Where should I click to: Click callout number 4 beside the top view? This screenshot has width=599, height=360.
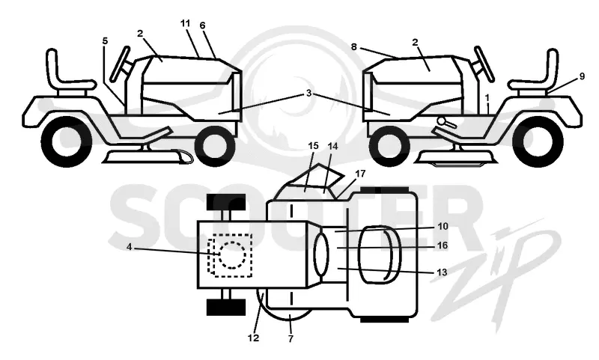pos(129,248)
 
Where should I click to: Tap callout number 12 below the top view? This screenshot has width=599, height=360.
pos(253,338)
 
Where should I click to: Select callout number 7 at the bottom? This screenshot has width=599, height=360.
pos(291,338)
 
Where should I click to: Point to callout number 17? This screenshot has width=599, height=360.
pos(360,174)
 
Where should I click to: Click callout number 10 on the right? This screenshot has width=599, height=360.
pos(443,226)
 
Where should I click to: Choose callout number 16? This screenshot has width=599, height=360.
pos(442,245)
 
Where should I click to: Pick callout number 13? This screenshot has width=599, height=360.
pos(442,272)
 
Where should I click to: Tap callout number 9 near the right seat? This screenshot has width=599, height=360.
pos(582,76)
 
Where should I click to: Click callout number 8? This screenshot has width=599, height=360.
pos(353,47)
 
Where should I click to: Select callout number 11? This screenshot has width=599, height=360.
pos(185,23)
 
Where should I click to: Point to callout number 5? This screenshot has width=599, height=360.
pos(105,41)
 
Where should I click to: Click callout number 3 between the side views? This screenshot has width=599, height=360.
pos(308,94)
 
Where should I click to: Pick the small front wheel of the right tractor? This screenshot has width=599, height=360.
pos(390,146)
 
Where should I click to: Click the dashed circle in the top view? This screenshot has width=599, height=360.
pos(232,255)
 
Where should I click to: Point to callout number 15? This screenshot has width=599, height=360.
pos(313,146)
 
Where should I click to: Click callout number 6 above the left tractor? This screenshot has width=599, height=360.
pos(202,25)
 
